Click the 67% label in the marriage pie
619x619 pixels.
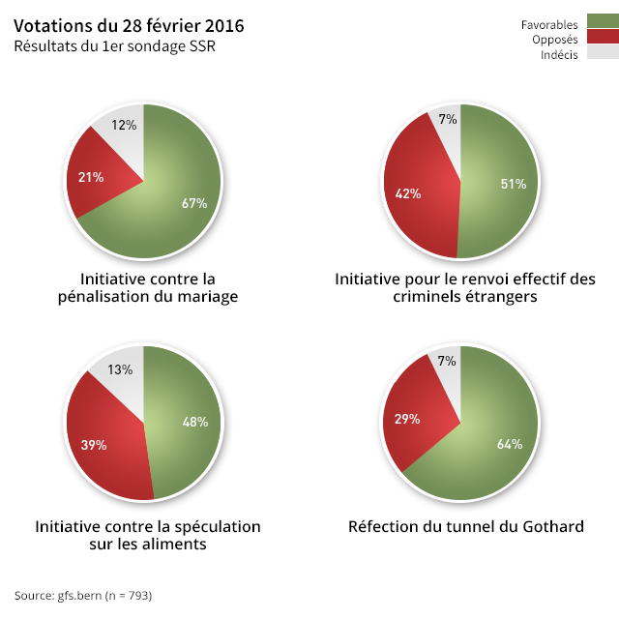[x=194, y=203]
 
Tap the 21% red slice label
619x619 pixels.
[x=91, y=177]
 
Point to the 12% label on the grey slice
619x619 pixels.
[x=124, y=125]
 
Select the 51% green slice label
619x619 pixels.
[x=513, y=184]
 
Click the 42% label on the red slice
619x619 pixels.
[x=408, y=193]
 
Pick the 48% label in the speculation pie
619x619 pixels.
[x=195, y=422]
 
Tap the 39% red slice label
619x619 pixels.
[x=93, y=445]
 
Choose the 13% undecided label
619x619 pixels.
[x=121, y=369]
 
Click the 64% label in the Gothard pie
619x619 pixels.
[x=510, y=445]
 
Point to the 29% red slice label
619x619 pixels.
[x=407, y=419]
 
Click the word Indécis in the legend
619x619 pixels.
[x=560, y=54]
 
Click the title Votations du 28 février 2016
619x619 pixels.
[x=129, y=25]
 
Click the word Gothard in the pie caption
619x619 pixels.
[x=553, y=527]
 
